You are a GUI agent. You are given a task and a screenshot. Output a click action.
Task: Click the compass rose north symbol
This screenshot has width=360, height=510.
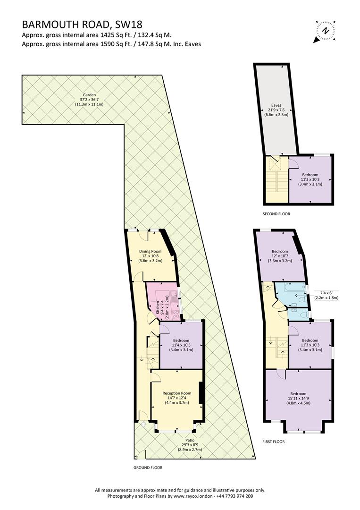(325, 31)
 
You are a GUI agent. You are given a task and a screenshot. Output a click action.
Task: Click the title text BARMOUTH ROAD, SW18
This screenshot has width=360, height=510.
(82, 25)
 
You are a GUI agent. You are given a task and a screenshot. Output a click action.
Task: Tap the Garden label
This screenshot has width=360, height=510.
(89, 95)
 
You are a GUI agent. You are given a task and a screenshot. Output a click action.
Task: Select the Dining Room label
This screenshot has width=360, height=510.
(151, 251)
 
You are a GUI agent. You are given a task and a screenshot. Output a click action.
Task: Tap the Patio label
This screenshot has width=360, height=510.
(190, 441)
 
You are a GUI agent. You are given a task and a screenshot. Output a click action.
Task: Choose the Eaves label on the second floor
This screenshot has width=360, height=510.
(276, 105)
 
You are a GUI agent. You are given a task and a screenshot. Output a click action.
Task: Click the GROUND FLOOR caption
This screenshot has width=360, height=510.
(148, 467)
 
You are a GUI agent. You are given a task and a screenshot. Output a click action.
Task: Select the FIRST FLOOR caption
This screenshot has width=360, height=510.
(274, 442)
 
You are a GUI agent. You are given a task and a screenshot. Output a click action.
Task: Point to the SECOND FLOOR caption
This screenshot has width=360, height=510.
(276, 214)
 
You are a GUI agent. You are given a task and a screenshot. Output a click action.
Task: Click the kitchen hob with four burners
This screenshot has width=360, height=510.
(176, 314)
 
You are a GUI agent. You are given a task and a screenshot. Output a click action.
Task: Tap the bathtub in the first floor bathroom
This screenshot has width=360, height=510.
(295, 288)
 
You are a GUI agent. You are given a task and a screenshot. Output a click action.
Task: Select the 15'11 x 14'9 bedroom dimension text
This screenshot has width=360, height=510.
(298, 398)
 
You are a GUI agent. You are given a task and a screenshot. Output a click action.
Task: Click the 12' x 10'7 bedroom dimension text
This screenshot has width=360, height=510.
(280, 256)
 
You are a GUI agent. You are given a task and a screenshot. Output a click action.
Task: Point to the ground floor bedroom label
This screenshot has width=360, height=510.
(181, 340)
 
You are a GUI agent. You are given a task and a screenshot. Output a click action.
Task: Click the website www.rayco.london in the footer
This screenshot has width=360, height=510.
(193, 496)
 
